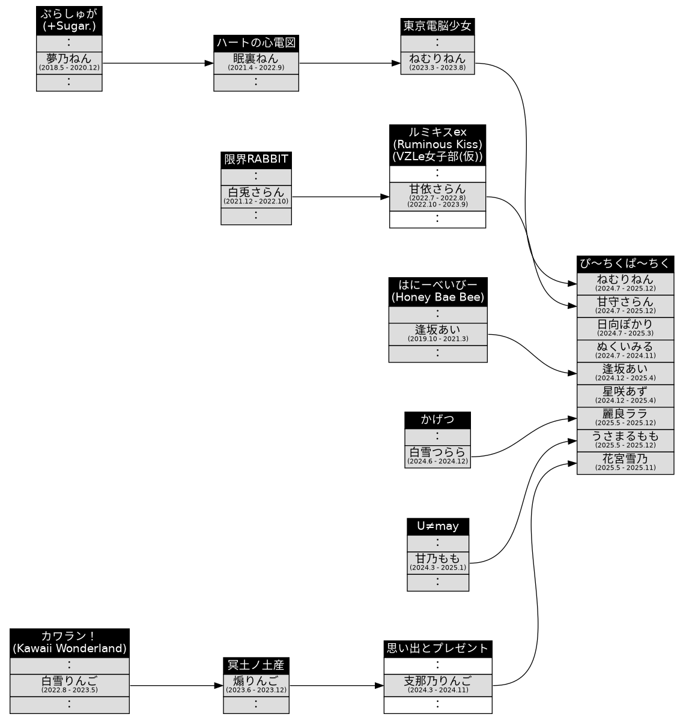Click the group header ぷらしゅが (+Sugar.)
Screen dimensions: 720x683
click(x=69, y=20)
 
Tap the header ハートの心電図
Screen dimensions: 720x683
click(x=256, y=43)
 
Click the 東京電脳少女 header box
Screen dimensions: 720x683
click(x=437, y=26)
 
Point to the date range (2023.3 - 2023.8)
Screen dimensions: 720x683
click(x=437, y=68)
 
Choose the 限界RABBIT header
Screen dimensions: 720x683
click(x=256, y=160)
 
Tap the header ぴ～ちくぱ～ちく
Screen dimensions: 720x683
click(x=625, y=264)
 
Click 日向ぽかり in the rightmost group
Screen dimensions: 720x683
click(x=625, y=328)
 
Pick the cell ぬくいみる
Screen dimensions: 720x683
click(x=625, y=350)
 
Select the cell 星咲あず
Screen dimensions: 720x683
click(x=625, y=395)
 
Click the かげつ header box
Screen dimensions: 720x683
click(x=437, y=420)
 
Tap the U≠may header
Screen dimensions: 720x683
click(x=437, y=527)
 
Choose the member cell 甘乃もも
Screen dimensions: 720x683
click(x=437, y=562)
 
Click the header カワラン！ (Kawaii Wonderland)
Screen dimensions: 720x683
click(x=69, y=643)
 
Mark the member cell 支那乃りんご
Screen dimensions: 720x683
click(x=437, y=685)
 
